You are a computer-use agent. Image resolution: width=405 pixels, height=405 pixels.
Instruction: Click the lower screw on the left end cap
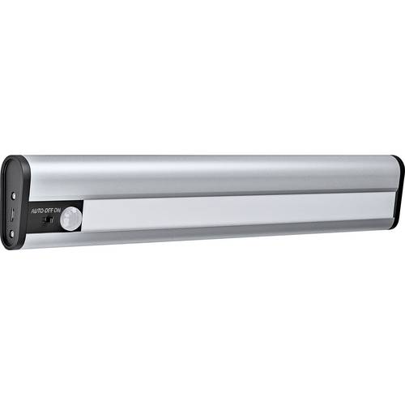15,233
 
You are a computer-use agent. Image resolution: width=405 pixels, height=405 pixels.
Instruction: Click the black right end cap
396,182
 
